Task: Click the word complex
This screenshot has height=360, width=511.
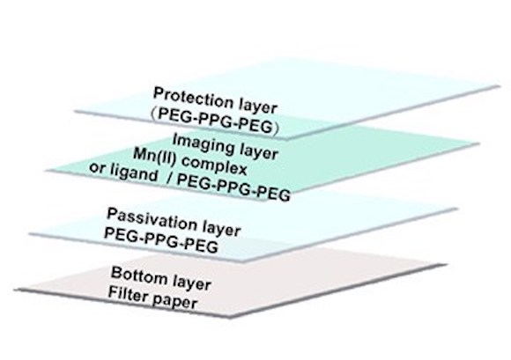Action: [214, 165]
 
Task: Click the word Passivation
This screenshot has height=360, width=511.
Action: [152, 221]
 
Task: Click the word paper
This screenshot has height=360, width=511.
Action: [174, 301]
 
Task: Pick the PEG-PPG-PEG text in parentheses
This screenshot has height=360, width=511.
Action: [215, 120]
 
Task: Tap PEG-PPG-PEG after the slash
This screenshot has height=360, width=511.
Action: [233, 187]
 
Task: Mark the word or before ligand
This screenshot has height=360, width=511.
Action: [97, 168]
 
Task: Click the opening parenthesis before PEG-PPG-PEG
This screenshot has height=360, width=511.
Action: [154, 114]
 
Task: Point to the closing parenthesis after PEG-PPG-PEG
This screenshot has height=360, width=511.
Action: [276, 129]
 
